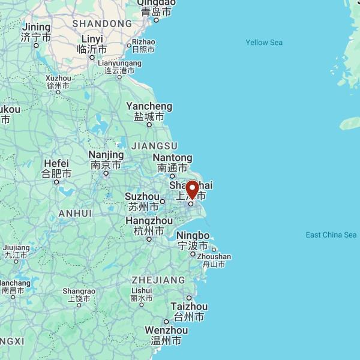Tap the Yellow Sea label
coord(264,43)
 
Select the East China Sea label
coord(331,235)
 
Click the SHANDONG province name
coord(102,23)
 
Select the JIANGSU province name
coord(154,146)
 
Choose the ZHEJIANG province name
coord(158,280)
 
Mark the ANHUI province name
coord(75,214)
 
